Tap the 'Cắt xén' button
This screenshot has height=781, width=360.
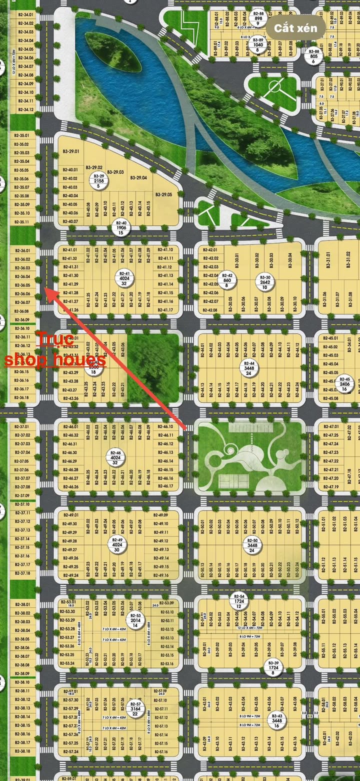pyautogui.click(x=295, y=28)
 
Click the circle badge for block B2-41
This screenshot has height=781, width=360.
pyautogui.click(x=122, y=277)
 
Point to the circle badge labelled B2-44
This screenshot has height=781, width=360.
pyautogui.click(x=249, y=367)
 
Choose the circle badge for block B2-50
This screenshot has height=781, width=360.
pyautogui.click(x=252, y=545)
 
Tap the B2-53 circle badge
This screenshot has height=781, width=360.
pyautogui.click(x=135, y=620)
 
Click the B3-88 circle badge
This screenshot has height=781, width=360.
pyautogui.click(x=313, y=56)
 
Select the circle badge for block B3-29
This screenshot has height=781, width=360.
pyautogui.click(x=98, y=180)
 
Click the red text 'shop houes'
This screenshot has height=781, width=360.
pyautogui.click(x=55, y=360)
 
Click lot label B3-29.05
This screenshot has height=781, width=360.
pyautogui.click(x=163, y=194)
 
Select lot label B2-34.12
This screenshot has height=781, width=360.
pyautogui.click(x=25, y=109)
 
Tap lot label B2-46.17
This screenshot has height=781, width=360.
pyautogui.click(x=164, y=486)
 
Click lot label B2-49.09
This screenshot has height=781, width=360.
pyautogui.click(x=160, y=515)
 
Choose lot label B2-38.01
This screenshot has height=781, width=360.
pyautogui.click(x=22, y=604)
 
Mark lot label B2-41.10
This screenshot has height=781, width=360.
pyautogui.click(x=165, y=249)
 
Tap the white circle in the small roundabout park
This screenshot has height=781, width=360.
pyautogui.click(x=274, y=88)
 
